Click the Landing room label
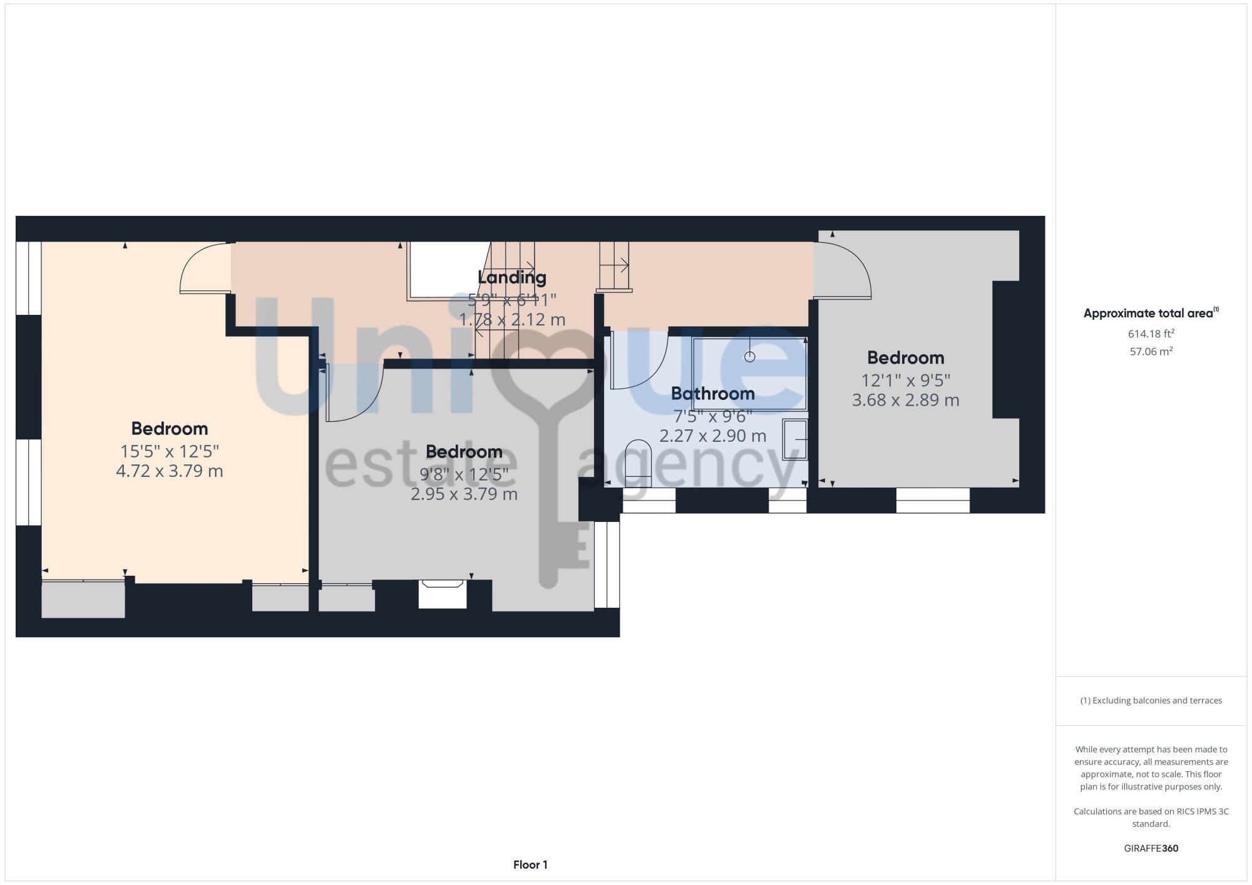[511, 277]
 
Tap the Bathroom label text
[712, 394]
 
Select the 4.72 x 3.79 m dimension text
[169, 471]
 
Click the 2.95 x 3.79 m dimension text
[464, 494]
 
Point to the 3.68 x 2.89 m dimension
[905, 400]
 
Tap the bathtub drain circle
[749, 357]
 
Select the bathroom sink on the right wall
[796, 440]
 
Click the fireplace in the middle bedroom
[443, 593]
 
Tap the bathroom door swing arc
[639, 363]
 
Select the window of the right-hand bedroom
[932, 500]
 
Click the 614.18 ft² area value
[1151, 334]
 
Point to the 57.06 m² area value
[1151, 352]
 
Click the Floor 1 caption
[530, 865]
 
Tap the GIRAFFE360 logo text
[1151, 849]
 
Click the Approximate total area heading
[1149, 314]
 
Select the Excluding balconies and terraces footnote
[1151, 700]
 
